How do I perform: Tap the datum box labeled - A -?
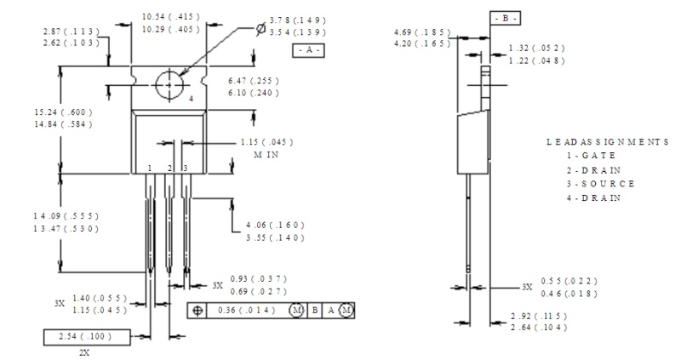click(x=308, y=50)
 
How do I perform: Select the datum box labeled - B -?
click(x=505, y=18)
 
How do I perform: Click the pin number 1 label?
click(x=150, y=168)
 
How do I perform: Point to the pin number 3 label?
click(x=186, y=168)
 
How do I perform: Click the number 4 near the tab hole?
click(x=191, y=99)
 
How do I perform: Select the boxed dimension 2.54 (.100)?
click(x=87, y=337)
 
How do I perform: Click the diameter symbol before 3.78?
click(x=260, y=29)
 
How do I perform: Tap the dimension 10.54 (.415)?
click(x=171, y=17)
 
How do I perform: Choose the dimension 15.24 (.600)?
click(x=63, y=112)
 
